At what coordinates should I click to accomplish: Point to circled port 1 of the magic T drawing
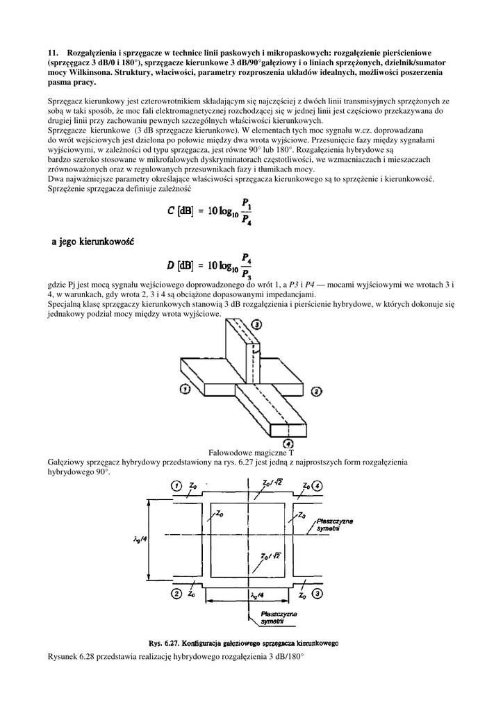point(185,390)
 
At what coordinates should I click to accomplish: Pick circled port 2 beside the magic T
point(315,392)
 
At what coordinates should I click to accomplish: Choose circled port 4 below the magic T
point(287,443)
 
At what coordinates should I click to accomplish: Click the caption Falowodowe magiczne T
point(251,452)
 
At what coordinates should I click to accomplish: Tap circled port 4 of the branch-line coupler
point(317,485)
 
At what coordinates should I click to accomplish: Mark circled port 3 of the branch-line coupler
point(317,594)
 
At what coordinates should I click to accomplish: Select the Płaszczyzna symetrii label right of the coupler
point(334,524)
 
